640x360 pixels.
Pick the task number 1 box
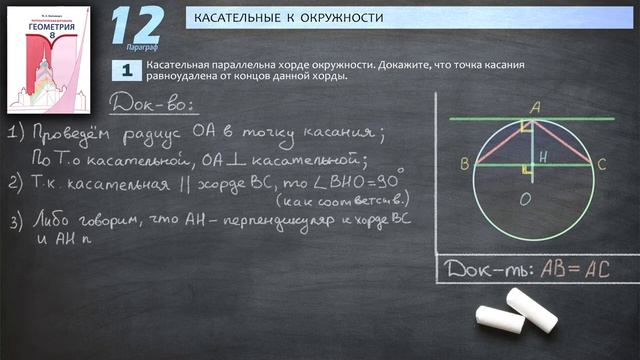[127, 70]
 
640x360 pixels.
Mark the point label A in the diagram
[534, 107]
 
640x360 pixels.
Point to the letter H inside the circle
[540, 156]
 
